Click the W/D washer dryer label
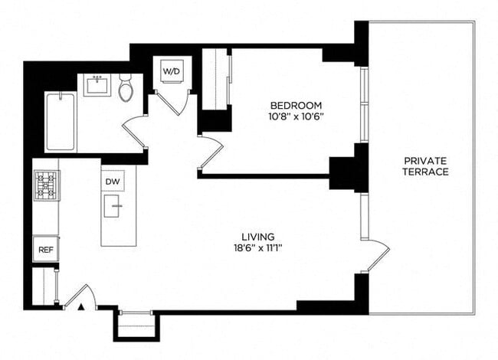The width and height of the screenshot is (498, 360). [x=169, y=71]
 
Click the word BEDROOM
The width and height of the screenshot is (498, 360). [x=295, y=105]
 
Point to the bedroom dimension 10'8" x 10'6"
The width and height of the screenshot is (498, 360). [x=295, y=117]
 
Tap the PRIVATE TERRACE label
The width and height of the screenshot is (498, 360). [x=426, y=166]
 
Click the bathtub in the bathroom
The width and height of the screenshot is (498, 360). [x=60, y=122]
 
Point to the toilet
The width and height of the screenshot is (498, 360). [x=126, y=89]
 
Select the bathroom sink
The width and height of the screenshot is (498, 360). [x=98, y=85]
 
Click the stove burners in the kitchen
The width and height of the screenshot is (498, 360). [x=44, y=185]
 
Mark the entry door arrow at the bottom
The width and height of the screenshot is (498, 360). [x=78, y=308]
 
